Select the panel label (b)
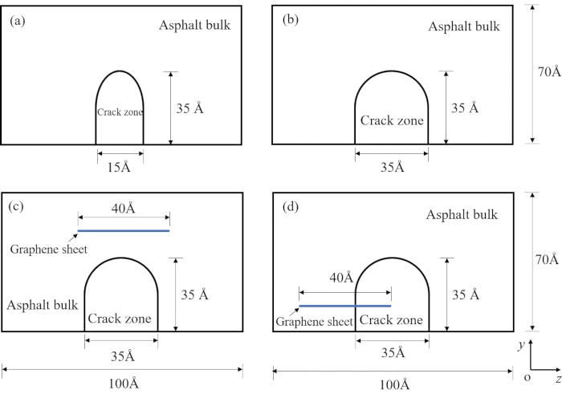(290, 22)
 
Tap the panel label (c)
(18, 208)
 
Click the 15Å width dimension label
(120, 167)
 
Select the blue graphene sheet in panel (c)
(124, 231)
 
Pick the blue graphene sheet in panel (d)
(344, 306)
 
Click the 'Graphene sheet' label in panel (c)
(48, 249)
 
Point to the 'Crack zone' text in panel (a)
(120, 113)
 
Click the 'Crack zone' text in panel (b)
(391, 121)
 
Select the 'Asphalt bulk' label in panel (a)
(194, 25)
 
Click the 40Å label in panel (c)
(123, 209)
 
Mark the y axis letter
(521, 344)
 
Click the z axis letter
(556, 377)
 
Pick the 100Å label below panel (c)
(122, 383)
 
